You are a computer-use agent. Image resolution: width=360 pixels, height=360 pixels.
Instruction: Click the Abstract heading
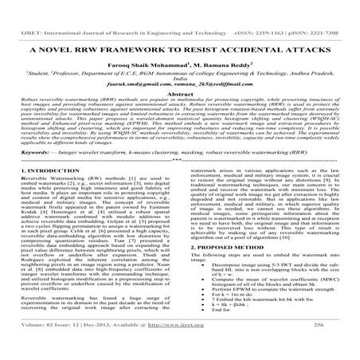(x=180, y=92)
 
